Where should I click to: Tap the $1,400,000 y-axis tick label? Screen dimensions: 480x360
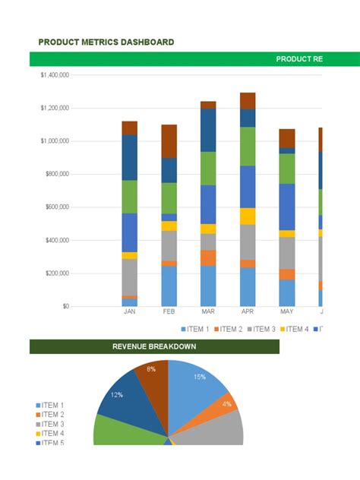click(54, 74)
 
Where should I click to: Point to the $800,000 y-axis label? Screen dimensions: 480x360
click(55, 174)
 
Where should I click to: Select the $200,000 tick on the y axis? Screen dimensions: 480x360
click(55, 273)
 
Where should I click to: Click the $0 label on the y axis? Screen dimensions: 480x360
click(66, 306)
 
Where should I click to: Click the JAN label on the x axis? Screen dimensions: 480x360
click(130, 311)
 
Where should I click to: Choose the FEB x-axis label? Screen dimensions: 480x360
click(169, 311)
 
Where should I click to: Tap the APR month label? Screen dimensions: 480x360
click(248, 311)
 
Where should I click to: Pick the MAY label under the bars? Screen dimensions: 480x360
click(286, 311)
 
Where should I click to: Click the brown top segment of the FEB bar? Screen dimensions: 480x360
click(169, 141)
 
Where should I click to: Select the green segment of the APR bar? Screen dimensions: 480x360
click(248, 146)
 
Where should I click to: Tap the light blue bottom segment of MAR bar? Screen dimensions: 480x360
click(208, 286)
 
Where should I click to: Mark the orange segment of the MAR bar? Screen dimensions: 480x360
click(208, 257)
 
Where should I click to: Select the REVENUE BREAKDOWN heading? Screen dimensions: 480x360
click(154, 346)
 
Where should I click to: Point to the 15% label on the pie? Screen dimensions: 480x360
click(200, 376)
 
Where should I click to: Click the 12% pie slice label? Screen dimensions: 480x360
click(116, 394)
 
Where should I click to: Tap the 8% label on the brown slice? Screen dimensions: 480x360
click(151, 369)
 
